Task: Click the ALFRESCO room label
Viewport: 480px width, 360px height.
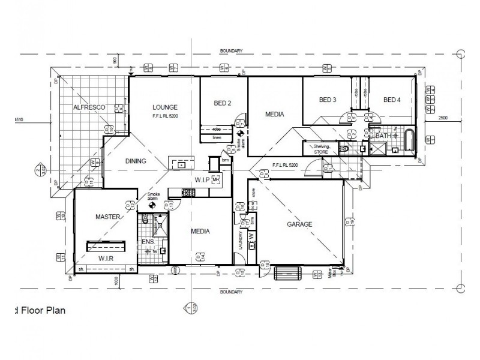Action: coord(89,107)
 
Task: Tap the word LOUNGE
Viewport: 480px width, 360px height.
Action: coord(164,107)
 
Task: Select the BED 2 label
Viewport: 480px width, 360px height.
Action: coord(223,103)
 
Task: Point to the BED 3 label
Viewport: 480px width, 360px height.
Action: coord(328,100)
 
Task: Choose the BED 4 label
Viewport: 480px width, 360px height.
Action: coord(392,100)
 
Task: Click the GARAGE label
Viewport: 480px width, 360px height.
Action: coord(299,224)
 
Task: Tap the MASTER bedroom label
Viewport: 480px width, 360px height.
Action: coord(109,217)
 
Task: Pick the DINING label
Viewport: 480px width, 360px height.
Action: coord(136,161)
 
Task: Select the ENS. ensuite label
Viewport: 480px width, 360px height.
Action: coord(147,242)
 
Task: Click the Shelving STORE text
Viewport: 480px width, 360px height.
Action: coord(317,149)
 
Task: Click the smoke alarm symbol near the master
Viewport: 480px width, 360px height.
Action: coord(151,204)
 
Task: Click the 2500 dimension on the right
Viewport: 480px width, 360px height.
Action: coord(443,118)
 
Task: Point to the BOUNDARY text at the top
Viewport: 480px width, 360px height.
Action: coord(230,52)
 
